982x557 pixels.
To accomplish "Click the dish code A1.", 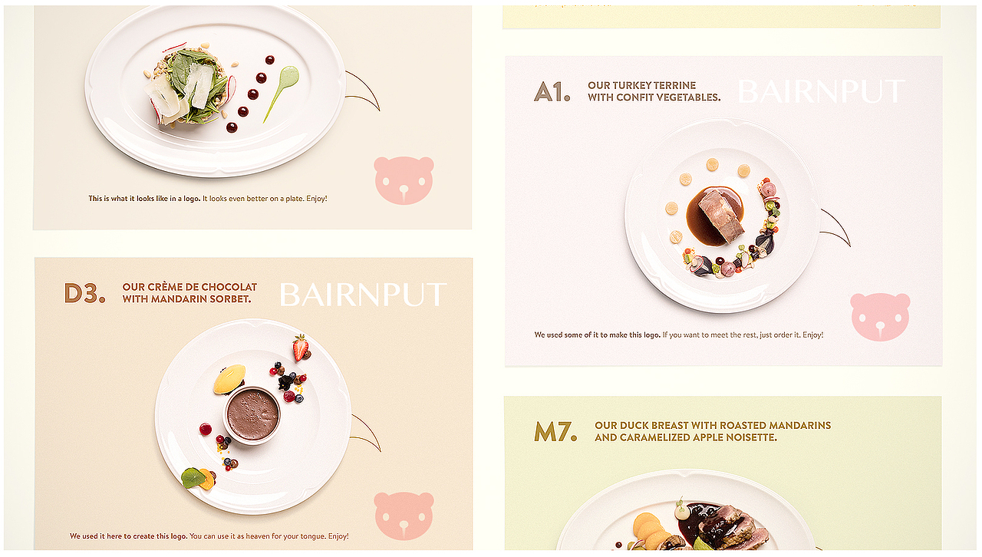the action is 552,91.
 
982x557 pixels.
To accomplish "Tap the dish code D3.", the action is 84,293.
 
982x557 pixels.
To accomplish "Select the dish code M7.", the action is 555,432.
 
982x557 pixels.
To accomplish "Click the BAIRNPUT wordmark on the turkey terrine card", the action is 822,91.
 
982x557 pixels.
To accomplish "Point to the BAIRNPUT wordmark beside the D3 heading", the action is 363,295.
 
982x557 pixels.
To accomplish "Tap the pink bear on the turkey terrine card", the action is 880,317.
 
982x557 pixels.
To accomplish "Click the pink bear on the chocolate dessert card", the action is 404,516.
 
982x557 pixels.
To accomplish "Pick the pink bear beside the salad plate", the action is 404,180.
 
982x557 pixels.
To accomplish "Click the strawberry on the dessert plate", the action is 301,348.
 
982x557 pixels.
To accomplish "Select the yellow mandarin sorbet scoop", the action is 229,379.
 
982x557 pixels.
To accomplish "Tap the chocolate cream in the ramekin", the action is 252,415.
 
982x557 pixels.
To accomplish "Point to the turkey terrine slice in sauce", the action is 720,215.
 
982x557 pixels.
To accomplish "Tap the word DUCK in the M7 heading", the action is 634,426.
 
